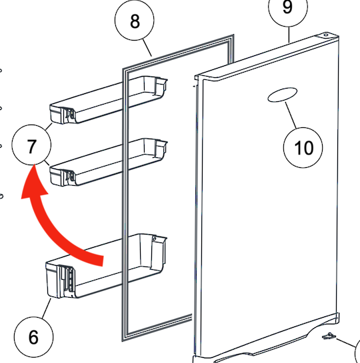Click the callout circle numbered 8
[x=135, y=21]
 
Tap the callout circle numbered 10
[x=303, y=147]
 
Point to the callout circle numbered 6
[x=33, y=336]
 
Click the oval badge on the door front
[x=282, y=96]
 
